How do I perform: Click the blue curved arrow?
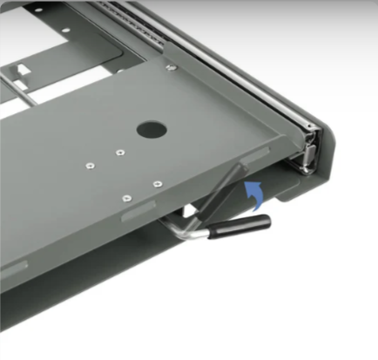(255, 193)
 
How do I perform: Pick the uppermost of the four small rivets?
(120, 153)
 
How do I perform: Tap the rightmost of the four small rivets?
(157, 183)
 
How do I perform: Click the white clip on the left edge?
(19, 65)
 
